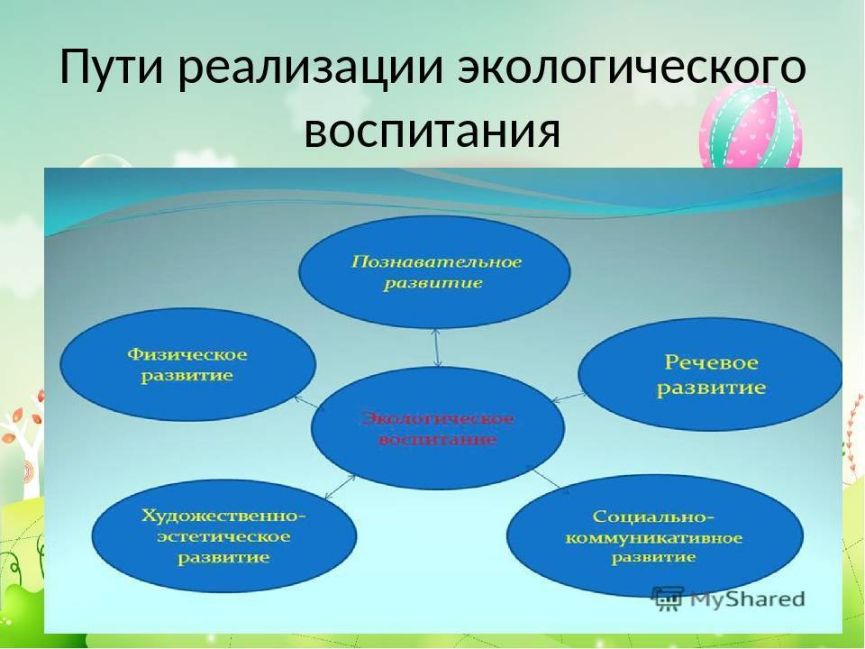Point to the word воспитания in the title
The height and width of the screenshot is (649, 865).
pos(432,132)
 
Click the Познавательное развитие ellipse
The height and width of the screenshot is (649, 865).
pos(434,272)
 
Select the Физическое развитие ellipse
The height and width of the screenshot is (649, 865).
pos(187,365)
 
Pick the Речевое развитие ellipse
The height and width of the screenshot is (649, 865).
pos(710,374)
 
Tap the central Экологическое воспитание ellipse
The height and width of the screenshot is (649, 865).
pos(438,427)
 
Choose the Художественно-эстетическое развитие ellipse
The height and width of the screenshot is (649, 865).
pos(224,535)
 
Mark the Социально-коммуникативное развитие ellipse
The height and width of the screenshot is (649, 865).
pos(655,535)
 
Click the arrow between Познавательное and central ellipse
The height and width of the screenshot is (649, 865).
pos(437,348)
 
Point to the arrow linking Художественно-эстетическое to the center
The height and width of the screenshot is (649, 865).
pos(341,487)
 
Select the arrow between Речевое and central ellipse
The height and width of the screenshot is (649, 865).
pos(569,398)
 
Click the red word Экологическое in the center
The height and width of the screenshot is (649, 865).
pos(438,418)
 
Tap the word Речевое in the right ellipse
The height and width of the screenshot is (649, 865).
pos(711,362)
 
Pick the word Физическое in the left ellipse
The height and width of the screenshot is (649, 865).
pos(187,353)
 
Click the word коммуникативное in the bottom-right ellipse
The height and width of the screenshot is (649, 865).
pos(654,537)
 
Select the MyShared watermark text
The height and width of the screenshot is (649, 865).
pos(747,599)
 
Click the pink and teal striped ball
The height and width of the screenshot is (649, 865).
pos(751,127)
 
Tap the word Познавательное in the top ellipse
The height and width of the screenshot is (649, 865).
pos(436,261)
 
